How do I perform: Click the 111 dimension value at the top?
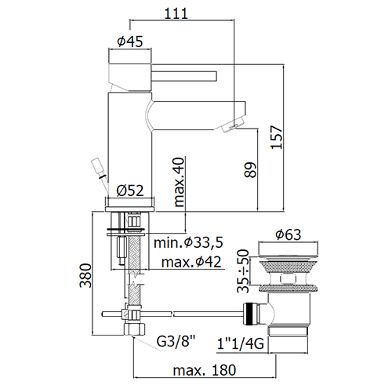pyautogui.click(x=176, y=13)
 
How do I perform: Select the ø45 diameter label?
pyautogui.click(x=130, y=42)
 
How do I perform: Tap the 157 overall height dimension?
pyautogui.click(x=277, y=137)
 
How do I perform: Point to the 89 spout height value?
pyautogui.click(x=250, y=170)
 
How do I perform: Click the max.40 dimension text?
pyautogui.click(x=180, y=182)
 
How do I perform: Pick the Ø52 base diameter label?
pyautogui.click(x=130, y=191)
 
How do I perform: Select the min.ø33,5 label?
pyautogui.click(x=188, y=243)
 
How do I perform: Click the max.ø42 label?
pyautogui.click(x=191, y=262)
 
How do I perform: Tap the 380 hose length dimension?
pyautogui.click(x=85, y=276)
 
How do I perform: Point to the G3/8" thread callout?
pyautogui.click(x=176, y=341)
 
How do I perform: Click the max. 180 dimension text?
pyautogui.click(x=205, y=370)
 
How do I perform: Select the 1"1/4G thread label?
pyautogui.click(x=241, y=343)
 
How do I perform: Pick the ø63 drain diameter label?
pyautogui.click(x=289, y=234)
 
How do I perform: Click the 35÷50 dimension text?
pyautogui.click(x=243, y=271)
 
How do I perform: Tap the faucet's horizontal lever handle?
pyautogui.click(x=184, y=76)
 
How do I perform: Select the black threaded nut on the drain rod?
pyautogui.click(x=251, y=314)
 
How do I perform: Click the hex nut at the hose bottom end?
pyautogui.click(x=134, y=329)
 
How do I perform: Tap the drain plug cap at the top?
pyautogui.click(x=289, y=248)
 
